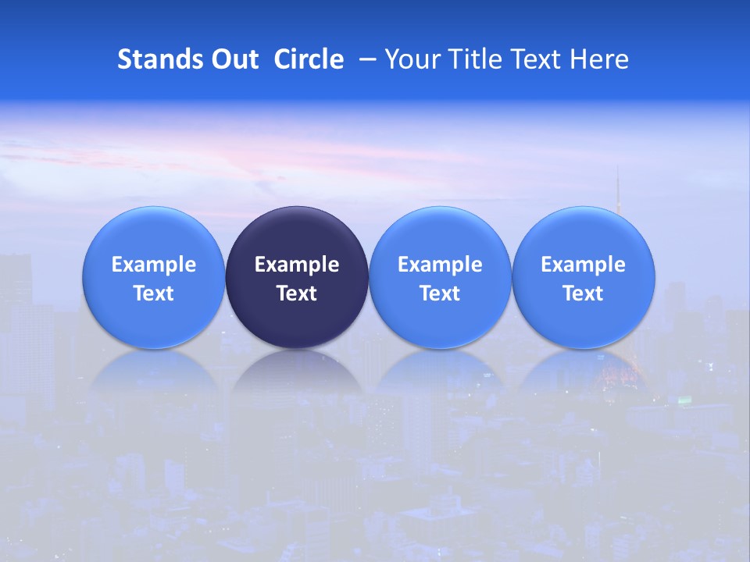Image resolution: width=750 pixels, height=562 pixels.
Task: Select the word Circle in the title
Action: pyautogui.click(x=309, y=59)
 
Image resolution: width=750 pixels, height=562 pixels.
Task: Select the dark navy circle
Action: pyautogui.click(x=297, y=277)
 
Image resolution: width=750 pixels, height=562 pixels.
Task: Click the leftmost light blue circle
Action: pyautogui.click(x=153, y=277)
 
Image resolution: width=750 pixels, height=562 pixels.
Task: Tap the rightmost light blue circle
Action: pyautogui.click(x=584, y=277)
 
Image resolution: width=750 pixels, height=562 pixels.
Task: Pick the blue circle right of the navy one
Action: pyautogui.click(x=440, y=277)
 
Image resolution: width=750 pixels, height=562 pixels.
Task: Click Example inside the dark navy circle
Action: pyautogui.click(x=297, y=265)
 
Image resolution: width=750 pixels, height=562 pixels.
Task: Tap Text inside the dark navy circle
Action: pyautogui.click(x=297, y=293)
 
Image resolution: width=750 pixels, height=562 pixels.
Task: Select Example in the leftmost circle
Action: pyautogui.click(x=153, y=265)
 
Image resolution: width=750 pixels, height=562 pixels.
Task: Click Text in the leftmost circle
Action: pyautogui.click(x=153, y=293)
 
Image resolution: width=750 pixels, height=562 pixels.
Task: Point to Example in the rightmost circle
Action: pyautogui.click(x=584, y=265)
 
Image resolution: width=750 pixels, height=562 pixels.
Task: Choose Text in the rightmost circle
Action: pyautogui.click(x=584, y=293)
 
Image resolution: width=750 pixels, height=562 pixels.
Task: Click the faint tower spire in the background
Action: pyautogui.click(x=617, y=191)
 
